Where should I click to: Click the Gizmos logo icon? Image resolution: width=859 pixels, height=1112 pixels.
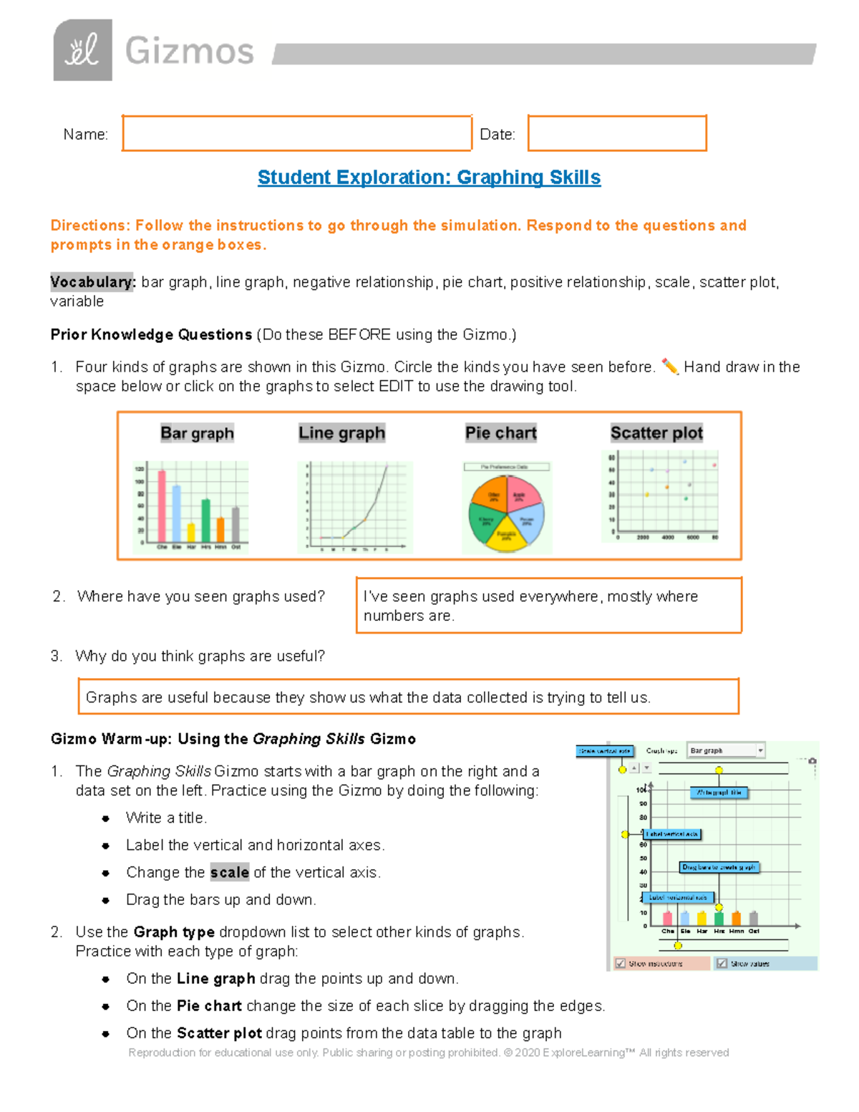82,50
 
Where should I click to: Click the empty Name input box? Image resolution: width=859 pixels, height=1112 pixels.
296,134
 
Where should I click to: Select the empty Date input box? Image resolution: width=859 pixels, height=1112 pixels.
617,134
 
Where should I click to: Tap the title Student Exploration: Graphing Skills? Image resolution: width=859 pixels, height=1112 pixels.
429,178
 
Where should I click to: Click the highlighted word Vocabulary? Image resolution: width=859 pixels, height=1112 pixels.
92,282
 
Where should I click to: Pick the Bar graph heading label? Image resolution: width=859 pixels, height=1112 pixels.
197,433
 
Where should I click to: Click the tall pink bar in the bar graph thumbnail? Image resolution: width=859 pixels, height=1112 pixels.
162,506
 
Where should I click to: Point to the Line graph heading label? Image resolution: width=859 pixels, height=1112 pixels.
341,433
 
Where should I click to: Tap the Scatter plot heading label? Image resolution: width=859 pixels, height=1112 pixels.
656,433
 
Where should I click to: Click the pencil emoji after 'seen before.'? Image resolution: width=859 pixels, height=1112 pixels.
669,367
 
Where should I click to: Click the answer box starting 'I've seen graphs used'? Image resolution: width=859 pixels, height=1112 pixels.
548,606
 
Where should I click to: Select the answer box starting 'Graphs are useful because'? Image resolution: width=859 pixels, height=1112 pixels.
408,697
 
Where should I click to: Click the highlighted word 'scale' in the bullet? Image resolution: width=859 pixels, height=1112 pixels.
229,872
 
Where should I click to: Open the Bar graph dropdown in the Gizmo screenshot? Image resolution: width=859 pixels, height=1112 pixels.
726,750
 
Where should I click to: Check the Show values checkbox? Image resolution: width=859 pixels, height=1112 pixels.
722,964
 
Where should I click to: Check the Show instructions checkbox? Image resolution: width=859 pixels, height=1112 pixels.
621,964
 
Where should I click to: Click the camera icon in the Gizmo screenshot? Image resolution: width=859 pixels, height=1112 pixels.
812,761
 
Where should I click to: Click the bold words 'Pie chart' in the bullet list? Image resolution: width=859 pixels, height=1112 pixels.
209,1006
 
